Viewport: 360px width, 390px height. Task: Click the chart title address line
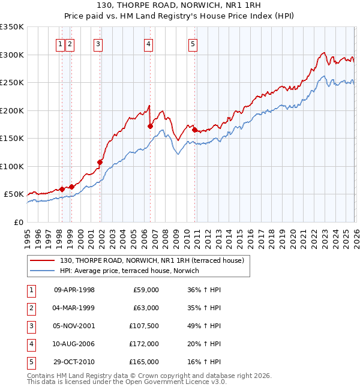click(x=180, y=5)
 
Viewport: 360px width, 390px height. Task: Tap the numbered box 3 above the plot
click(x=98, y=43)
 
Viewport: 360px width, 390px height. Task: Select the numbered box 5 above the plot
click(x=193, y=43)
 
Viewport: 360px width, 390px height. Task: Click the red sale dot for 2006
click(x=150, y=126)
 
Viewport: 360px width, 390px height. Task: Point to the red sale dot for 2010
click(x=195, y=130)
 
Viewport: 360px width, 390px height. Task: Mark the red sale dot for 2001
click(x=100, y=162)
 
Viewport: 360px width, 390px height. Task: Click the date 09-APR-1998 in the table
click(x=74, y=290)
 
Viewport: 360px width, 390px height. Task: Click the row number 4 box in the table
click(x=31, y=344)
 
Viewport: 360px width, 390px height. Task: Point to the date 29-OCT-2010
click(x=74, y=362)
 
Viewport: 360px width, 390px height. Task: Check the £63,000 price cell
click(x=146, y=308)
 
